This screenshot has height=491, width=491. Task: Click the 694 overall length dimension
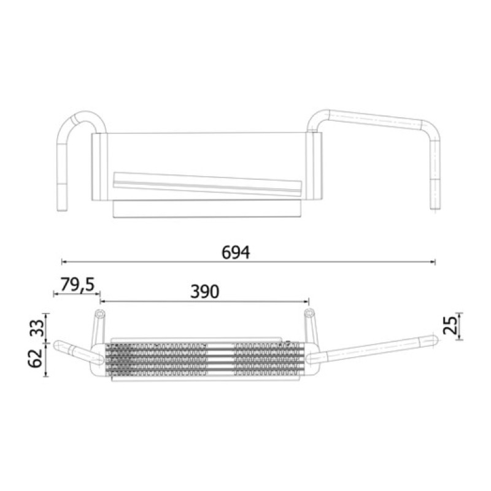[x=236, y=253]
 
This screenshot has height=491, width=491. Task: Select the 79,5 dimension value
[x=77, y=285]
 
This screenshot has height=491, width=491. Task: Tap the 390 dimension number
[x=205, y=292]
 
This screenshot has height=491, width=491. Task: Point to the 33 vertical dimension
[x=37, y=328]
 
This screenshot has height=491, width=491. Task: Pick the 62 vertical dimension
[x=35, y=358]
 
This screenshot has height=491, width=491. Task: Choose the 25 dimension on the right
[x=450, y=326]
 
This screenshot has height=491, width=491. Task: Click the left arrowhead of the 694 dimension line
[x=64, y=261]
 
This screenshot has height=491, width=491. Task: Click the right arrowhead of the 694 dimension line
[x=433, y=262]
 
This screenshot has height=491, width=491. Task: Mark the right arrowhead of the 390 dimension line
[x=306, y=301]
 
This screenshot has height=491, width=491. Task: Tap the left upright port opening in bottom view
[x=100, y=314]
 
